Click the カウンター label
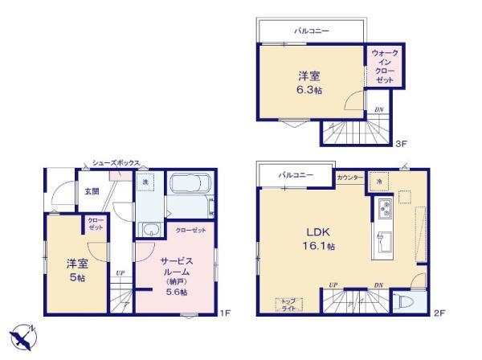coord(349,177)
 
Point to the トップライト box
coord(288,304)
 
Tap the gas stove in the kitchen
coord(382,209)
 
